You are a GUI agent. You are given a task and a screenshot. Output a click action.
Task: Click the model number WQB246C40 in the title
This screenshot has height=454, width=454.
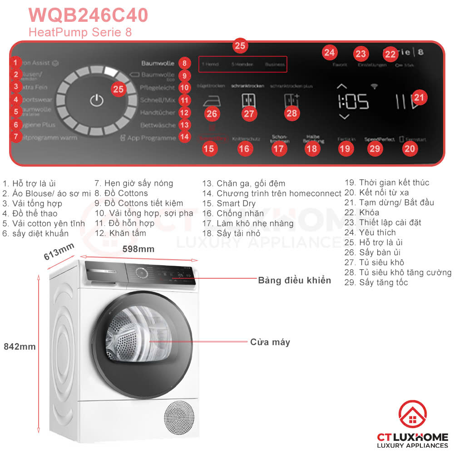tap(88, 15)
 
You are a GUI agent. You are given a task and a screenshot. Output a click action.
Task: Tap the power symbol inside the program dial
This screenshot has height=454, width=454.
tap(96, 101)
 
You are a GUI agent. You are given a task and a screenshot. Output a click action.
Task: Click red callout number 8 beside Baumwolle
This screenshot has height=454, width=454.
tap(184, 63)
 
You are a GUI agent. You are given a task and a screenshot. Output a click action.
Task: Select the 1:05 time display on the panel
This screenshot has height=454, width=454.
tap(353, 102)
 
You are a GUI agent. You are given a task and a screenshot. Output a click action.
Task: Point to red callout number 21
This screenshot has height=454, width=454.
tap(420, 97)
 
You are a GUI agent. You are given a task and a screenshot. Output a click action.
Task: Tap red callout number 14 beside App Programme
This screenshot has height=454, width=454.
tap(184, 136)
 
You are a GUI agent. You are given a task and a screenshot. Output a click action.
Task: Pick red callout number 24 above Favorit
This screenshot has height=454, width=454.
tap(329, 53)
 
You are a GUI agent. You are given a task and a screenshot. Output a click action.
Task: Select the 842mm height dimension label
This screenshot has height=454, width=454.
tap(20, 346)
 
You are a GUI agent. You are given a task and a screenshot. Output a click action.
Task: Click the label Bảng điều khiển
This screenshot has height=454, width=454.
tap(295, 280)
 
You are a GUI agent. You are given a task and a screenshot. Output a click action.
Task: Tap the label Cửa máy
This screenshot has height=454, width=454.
tap(270, 342)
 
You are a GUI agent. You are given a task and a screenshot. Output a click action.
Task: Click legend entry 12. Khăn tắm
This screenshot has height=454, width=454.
tap(120, 233)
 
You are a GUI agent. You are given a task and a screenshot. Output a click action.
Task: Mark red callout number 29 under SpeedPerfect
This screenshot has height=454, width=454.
tap(375, 148)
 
